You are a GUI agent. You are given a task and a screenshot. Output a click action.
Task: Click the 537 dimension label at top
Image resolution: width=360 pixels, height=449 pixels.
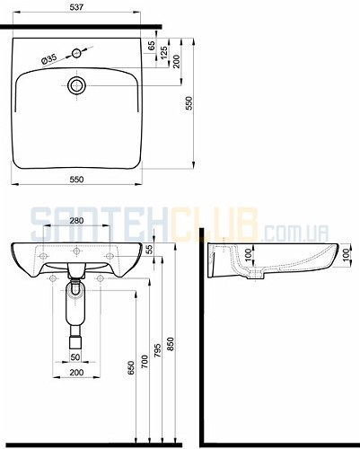click(76, 7)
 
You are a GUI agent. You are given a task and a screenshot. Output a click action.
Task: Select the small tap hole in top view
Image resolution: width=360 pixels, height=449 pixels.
click(76, 54)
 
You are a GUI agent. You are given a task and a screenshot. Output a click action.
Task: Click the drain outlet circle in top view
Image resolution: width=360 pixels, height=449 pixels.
click(77, 85)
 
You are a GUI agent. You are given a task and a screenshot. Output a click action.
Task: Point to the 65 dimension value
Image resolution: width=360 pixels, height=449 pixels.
click(152, 45)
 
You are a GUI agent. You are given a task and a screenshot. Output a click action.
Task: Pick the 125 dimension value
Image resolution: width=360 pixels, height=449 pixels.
click(164, 53)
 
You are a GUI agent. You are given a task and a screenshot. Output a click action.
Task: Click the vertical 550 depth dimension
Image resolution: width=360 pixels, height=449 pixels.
click(189, 103)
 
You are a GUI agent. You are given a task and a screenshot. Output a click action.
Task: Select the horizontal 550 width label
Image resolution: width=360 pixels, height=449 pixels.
click(76, 180)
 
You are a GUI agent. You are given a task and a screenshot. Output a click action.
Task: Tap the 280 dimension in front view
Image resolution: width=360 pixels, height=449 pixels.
click(76, 221)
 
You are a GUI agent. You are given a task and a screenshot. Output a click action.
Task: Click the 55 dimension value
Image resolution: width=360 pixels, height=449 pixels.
click(149, 249)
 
